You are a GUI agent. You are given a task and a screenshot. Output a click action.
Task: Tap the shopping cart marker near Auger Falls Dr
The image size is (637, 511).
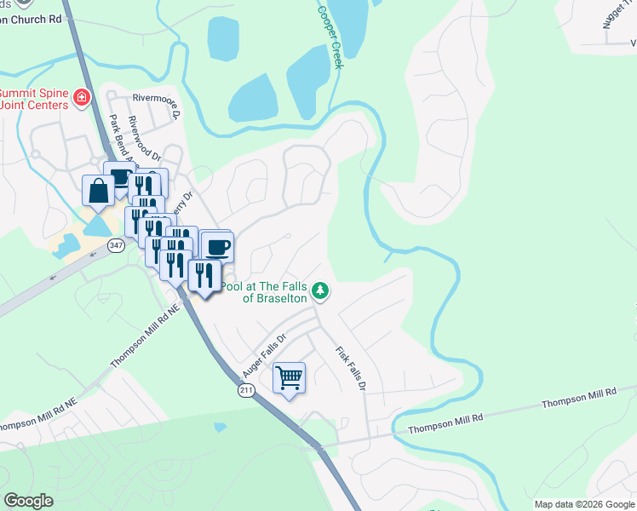(x=290, y=377)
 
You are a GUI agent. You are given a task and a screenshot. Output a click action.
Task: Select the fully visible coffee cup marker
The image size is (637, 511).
(x=217, y=247)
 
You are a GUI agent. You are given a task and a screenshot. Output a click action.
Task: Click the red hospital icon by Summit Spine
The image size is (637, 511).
(x=82, y=98)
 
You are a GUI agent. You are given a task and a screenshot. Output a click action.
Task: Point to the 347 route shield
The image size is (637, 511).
(x=117, y=245)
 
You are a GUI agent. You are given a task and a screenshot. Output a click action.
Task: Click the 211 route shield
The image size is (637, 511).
(x=244, y=389)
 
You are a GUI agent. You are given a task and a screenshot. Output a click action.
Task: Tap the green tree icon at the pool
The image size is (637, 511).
(x=320, y=291)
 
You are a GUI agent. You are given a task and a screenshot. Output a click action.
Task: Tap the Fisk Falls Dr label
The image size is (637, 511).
(x=350, y=368)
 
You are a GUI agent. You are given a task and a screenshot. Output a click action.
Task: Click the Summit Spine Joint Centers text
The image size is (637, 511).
(x=34, y=99)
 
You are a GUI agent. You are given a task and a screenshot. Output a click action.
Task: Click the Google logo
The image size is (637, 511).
(x=28, y=501)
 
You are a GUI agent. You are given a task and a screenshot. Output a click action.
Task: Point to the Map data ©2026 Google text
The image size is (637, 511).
(x=583, y=504)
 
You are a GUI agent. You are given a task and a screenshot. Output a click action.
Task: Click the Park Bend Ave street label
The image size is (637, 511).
(x=120, y=137)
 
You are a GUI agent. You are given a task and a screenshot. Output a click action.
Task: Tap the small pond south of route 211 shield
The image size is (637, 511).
(x=221, y=427)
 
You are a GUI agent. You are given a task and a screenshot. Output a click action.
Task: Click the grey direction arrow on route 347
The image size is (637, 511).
(x=54, y=276)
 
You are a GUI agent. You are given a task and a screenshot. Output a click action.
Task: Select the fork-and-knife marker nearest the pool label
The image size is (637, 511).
(x=204, y=275)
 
